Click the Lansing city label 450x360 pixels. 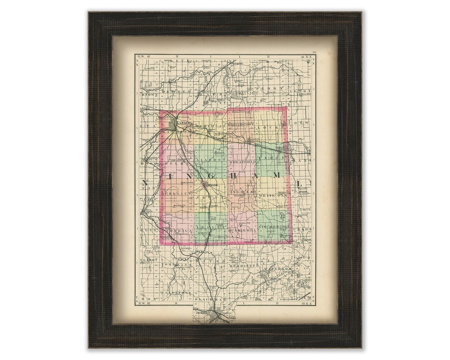pos(183,124)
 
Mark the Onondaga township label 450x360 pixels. pos(179,230)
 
